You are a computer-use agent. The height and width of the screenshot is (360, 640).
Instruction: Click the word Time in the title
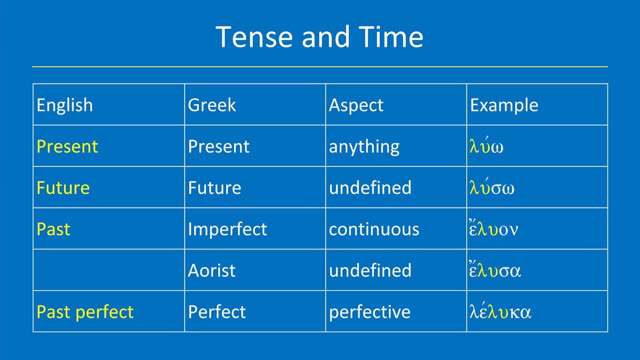(x=391, y=37)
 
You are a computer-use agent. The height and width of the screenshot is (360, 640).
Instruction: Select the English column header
(x=64, y=105)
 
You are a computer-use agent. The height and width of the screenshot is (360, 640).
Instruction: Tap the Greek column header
(x=211, y=105)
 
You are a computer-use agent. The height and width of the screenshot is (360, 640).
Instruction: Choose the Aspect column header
(x=356, y=105)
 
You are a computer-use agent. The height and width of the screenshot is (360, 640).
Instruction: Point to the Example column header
(x=504, y=105)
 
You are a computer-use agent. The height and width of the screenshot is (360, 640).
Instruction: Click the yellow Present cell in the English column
(x=67, y=146)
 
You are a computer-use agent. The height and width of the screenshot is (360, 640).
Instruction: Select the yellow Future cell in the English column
(x=63, y=188)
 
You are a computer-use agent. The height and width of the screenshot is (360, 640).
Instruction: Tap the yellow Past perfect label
(x=85, y=312)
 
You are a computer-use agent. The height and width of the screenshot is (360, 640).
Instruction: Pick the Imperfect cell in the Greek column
(x=227, y=229)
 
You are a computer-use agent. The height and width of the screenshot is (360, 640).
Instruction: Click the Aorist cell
(x=211, y=270)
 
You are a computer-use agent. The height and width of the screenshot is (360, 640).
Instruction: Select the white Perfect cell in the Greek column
(x=216, y=312)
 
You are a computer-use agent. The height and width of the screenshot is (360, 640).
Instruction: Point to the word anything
(x=364, y=147)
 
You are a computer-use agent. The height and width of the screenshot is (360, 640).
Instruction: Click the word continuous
(x=374, y=229)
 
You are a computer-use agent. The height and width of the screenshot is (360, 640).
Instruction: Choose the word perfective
(x=369, y=312)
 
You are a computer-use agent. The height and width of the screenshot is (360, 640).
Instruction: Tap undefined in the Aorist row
(x=370, y=270)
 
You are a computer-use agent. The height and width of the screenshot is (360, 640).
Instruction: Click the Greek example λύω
(x=486, y=147)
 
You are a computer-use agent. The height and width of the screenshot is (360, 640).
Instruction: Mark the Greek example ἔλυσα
(x=495, y=270)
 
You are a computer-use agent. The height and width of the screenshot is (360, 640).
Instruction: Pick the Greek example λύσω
(x=492, y=188)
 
